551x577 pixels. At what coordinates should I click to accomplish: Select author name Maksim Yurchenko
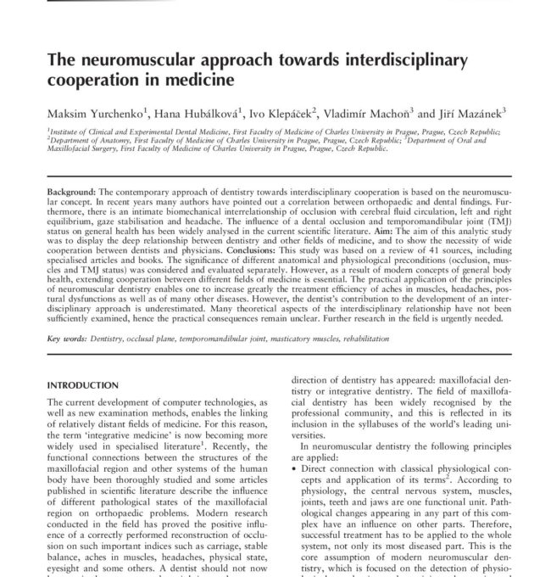pos(93,112)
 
